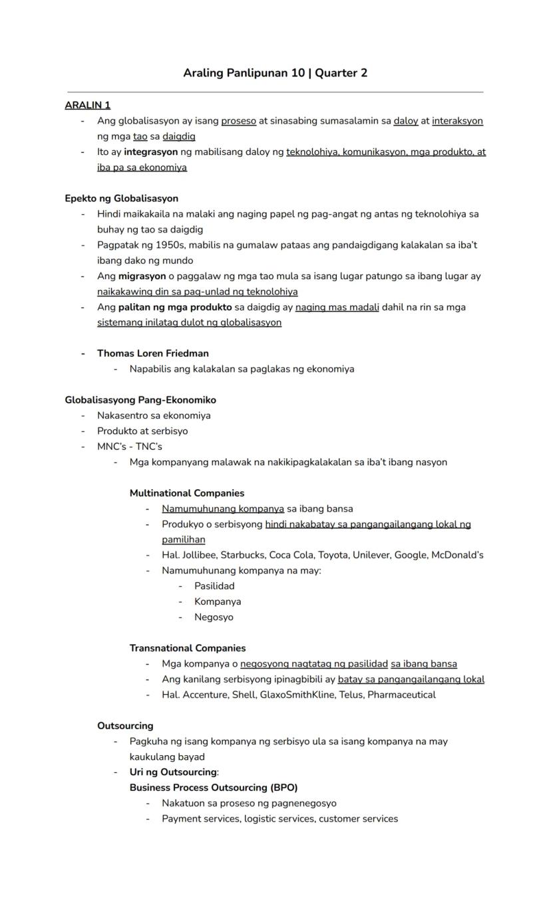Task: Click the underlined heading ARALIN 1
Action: point(87,105)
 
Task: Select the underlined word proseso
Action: point(238,121)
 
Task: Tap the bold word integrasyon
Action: point(150,152)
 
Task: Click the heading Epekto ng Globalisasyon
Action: point(121,198)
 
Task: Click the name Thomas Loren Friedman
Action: point(152,353)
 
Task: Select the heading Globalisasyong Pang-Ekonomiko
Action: point(140,399)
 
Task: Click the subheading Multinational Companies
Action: point(186,493)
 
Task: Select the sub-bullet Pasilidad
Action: point(214,586)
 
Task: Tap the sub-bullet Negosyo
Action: point(214,617)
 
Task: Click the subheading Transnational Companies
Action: point(187,648)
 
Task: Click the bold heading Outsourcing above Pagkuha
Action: point(125,725)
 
